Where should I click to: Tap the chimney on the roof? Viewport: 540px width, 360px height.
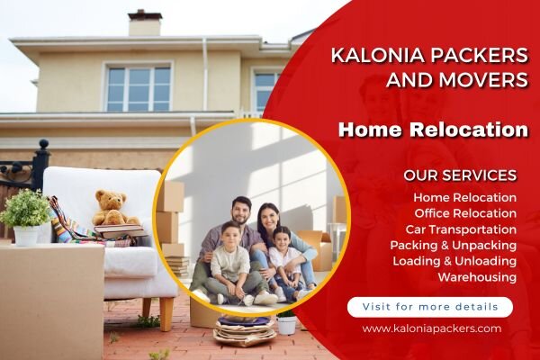tap(145, 22)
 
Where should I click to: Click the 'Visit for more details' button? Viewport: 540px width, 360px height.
tap(430, 307)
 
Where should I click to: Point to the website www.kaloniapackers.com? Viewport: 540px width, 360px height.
tap(432, 328)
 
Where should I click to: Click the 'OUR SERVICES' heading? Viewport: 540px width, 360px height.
tap(460, 175)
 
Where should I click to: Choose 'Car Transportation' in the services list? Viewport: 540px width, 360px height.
tap(461, 229)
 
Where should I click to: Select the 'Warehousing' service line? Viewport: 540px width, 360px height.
tap(477, 277)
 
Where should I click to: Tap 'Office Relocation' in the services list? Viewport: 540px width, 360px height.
tap(465, 213)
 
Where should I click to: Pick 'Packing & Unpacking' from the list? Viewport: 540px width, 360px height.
tap(454, 246)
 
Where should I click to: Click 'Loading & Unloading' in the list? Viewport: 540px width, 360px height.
tap(454, 262)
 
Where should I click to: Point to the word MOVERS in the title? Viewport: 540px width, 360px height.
tap(483, 79)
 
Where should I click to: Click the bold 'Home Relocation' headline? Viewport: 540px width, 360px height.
tap(433, 130)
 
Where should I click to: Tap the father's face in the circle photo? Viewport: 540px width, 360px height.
tap(241, 210)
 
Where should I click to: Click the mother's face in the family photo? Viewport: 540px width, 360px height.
tap(268, 218)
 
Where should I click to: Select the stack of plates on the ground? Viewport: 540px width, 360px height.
tap(245, 330)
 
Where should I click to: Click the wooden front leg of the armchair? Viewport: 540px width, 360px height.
tap(166, 314)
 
